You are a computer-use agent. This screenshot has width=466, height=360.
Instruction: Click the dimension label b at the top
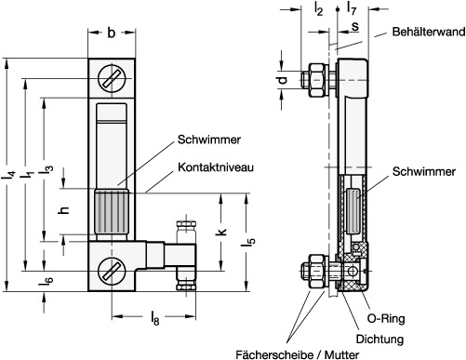[x=111, y=33]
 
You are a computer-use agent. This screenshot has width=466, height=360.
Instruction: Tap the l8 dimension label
[x=154, y=318]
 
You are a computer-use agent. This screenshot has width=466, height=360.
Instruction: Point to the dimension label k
[x=221, y=232]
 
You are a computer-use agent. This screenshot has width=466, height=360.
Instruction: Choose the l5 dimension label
[x=248, y=241]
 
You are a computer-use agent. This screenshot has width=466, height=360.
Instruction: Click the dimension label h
[x=63, y=210]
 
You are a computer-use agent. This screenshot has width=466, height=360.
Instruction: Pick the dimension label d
[x=282, y=80]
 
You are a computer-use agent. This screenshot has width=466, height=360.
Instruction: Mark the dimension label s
[x=355, y=27]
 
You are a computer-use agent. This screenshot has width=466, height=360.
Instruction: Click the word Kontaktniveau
[x=216, y=167]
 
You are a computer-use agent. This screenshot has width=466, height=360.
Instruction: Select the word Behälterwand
[x=429, y=32]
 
